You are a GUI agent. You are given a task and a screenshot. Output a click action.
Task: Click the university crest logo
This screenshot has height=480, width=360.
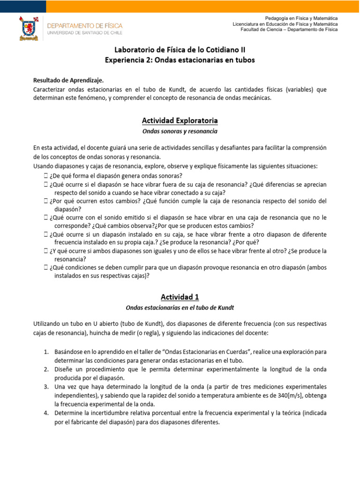[29, 28]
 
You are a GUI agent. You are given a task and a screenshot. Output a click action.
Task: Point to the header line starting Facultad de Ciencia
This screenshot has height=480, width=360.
[289, 30]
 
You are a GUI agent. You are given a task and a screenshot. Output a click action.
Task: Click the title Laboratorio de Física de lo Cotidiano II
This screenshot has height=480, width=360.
[180, 50]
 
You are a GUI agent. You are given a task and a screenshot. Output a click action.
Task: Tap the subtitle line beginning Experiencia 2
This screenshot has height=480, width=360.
[180, 60]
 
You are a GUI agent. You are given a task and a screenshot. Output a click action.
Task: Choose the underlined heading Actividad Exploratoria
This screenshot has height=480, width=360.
[180, 121]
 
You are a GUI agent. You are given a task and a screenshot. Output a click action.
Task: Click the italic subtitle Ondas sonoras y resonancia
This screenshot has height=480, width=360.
[180, 131]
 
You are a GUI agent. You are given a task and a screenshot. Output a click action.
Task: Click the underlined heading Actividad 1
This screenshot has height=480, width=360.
[180, 297]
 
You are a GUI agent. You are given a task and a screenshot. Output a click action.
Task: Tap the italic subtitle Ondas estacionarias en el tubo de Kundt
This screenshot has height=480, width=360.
[180, 307]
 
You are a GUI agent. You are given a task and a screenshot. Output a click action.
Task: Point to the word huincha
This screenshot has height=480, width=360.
[120, 333]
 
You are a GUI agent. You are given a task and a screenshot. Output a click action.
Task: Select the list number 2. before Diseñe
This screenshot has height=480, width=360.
[46, 369]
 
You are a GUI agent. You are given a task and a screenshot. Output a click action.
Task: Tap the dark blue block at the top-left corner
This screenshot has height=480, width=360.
[23, 6]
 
